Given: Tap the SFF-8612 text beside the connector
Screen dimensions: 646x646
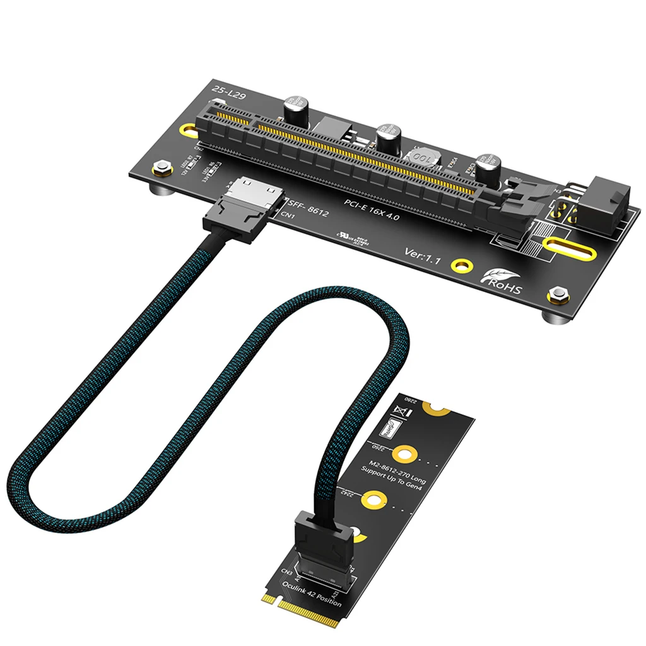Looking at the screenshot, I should coord(308,208).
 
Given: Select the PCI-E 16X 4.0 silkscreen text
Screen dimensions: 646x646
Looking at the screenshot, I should coord(372,209).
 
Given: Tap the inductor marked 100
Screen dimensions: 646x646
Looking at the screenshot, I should coord(422,156).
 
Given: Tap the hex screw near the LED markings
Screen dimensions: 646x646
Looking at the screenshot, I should coord(160,168).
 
